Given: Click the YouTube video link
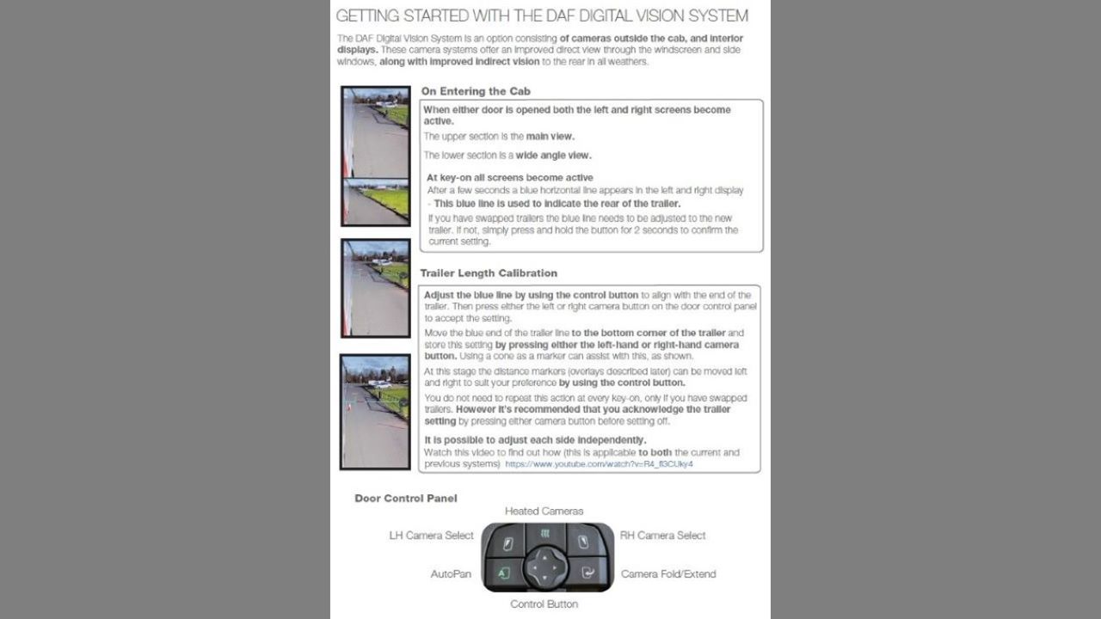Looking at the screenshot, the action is point(599,463).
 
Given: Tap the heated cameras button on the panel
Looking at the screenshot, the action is point(544,536).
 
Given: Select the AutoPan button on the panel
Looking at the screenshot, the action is point(504,573).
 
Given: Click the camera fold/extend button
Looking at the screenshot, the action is point(587,573).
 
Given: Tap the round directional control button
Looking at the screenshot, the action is point(544,568).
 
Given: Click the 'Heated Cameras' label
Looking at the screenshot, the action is point(544,511).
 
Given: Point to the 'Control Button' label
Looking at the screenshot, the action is point(544,604).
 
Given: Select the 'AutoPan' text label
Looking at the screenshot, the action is point(451,573).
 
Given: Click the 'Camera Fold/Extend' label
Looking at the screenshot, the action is point(668,573).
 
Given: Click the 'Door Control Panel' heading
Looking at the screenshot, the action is point(406,498).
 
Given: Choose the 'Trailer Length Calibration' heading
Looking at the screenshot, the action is point(489,273).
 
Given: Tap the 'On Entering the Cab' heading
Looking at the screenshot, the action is point(476,91).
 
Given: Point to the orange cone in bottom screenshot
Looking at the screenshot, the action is point(349,407).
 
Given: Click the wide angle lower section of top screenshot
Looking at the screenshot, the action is point(376,201).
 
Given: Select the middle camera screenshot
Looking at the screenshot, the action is point(376,288).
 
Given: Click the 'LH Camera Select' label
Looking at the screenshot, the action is point(431,535).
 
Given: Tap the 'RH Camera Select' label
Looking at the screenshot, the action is point(662,535).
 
